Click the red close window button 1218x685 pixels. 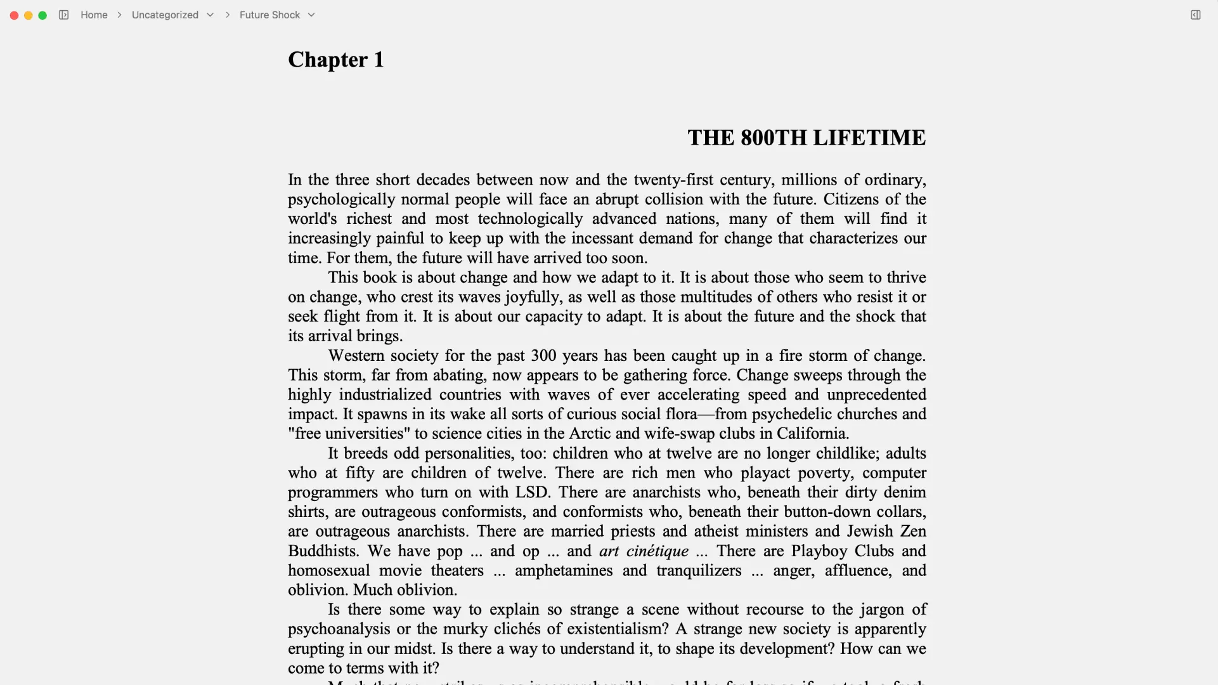14,15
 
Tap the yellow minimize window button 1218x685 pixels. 29,15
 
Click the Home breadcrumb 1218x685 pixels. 94,15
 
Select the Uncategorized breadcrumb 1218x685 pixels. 165,15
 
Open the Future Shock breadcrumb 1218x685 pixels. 269,15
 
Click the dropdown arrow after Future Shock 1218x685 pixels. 311,15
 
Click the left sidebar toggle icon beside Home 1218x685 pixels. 63,15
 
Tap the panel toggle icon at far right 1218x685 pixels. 1195,15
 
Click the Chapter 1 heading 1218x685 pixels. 335,60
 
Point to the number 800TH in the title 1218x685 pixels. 773,138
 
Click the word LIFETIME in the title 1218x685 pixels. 869,138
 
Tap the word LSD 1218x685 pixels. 531,493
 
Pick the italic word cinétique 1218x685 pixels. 657,551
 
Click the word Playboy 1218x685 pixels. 820,551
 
